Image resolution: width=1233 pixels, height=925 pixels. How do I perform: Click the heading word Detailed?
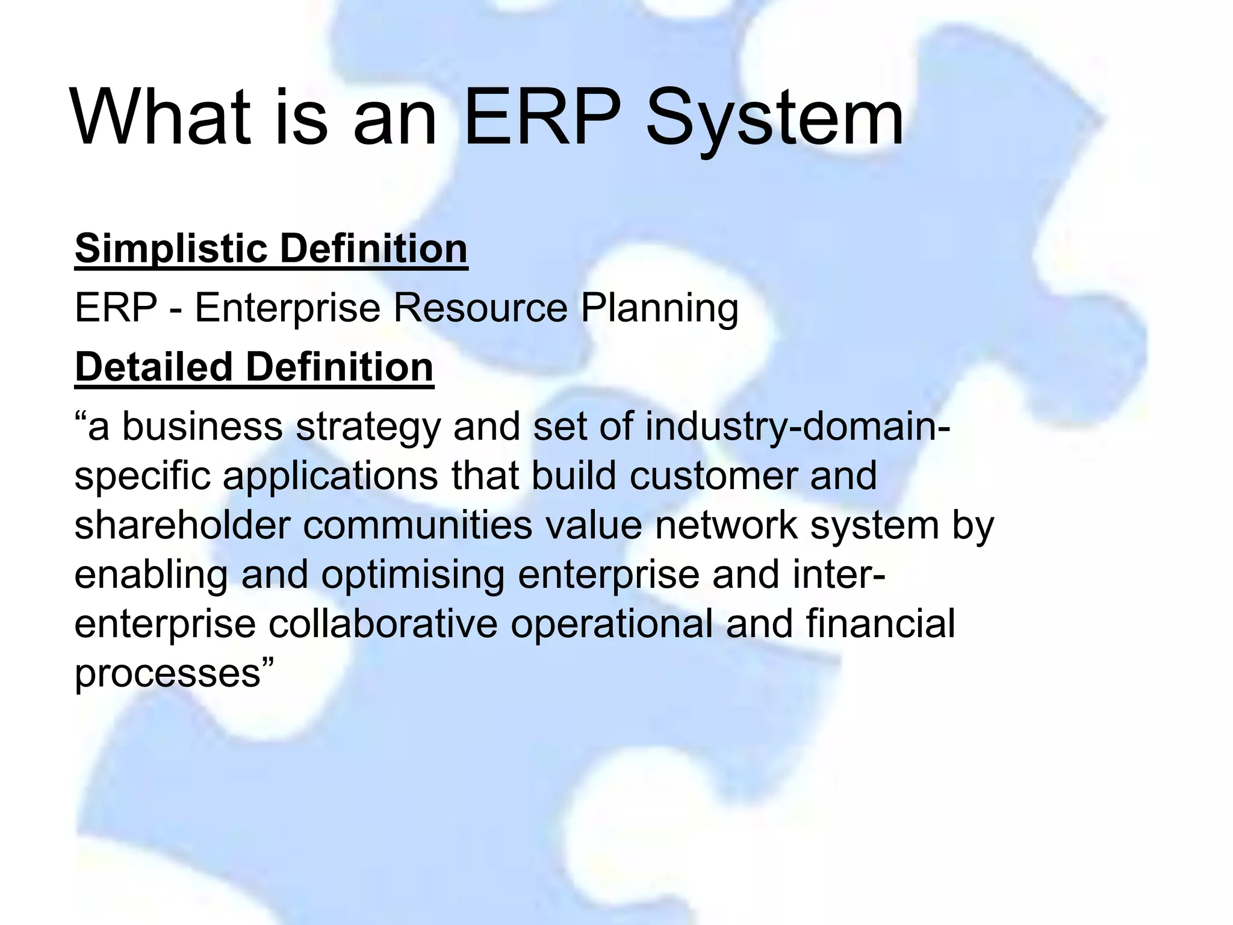coord(154,367)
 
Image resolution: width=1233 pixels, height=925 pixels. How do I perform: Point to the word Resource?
coord(480,308)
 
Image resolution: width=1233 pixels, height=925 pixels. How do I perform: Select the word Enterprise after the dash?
coord(287,309)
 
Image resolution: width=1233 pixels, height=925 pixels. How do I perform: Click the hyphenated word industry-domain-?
coord(798,428)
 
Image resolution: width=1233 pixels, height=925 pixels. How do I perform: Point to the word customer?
coord(713,476)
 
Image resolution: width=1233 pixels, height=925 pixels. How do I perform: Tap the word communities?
coord(417,525)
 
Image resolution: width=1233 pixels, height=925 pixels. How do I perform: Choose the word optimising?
coord(412,576)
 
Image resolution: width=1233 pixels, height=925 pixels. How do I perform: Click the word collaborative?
coord(383,624)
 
